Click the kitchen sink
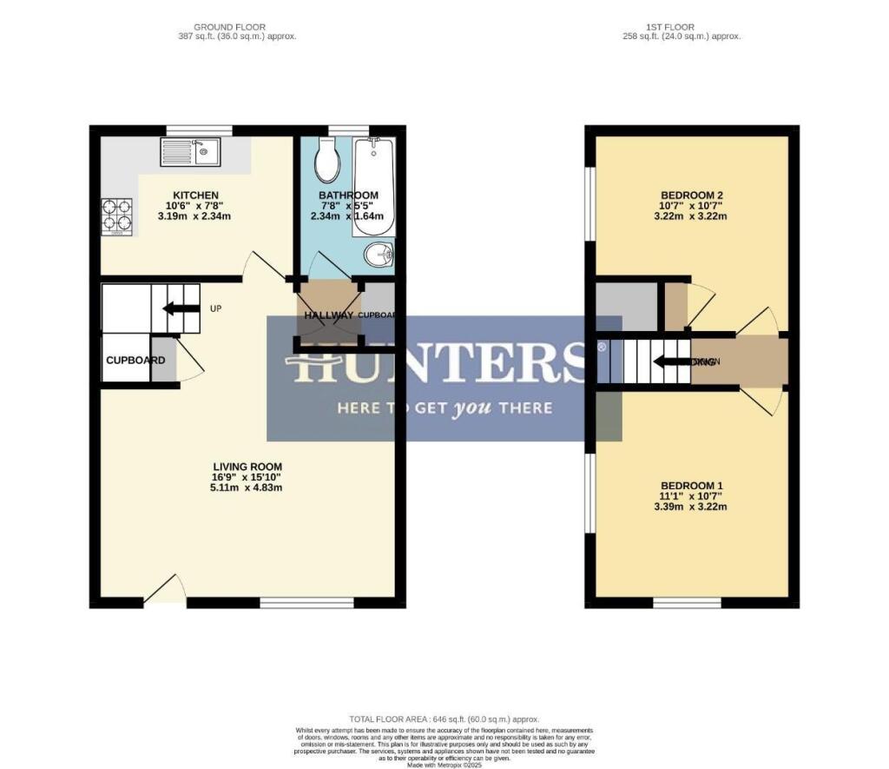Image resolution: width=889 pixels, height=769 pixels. coord(190,152)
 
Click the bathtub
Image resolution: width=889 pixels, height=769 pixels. coord(374,185)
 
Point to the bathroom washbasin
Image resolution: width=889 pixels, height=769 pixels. coord(379,255)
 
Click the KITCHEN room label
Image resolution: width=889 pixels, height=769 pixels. coord(195,196)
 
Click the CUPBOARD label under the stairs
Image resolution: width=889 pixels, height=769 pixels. coord(135,360)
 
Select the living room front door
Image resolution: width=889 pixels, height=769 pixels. coord(165,590)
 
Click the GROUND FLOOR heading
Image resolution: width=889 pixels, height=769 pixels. coord(230,27)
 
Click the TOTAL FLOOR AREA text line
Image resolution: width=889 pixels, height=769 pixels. coord(444,719)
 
